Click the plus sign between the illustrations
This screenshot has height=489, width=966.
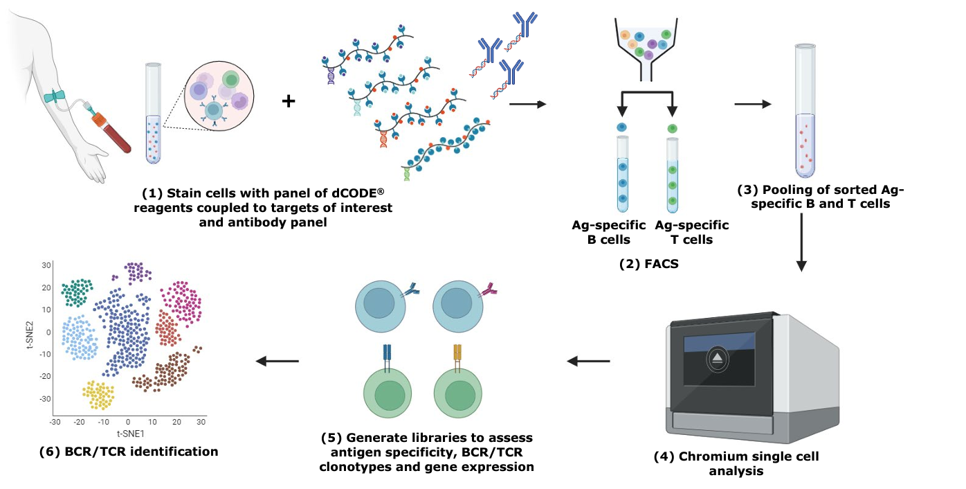click(289, 103)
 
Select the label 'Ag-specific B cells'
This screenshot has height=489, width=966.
click(609, 233)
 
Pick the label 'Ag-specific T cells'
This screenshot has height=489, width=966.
click(691, 233)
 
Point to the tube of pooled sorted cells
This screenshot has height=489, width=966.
click(805, 111)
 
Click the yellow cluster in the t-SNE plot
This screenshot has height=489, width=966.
click(99, 395)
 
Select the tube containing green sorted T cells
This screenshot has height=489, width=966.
click(673, 175)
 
